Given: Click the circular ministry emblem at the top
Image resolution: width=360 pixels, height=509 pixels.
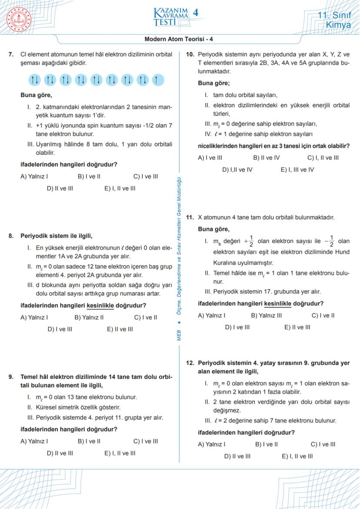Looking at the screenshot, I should click(x=18, y=18).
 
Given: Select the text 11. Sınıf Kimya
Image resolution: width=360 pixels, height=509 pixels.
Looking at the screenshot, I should click(x=334, y=20).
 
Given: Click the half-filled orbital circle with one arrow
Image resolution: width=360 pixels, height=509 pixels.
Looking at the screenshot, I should click(x=157, y=80).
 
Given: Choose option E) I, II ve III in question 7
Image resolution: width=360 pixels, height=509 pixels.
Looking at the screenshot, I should click(x=120, y=189).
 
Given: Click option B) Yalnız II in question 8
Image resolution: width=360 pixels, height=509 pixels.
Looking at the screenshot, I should click(x=89, y=317).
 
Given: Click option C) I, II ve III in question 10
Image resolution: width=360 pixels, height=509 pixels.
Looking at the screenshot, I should click(x=323, y=158).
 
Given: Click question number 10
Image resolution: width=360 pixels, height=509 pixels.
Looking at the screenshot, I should click(x=190, y=55).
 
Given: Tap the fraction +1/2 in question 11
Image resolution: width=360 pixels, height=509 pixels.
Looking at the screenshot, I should click(x=248, y=240).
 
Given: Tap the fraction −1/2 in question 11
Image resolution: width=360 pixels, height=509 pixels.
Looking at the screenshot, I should click(x=329, y=240).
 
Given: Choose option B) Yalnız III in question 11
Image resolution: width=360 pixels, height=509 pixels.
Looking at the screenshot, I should click(x=266, y=316).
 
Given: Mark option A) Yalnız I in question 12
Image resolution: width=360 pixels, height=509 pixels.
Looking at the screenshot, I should click(x=211, y=444).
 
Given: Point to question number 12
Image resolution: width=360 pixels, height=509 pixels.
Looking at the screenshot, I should click(x=190, y=363).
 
